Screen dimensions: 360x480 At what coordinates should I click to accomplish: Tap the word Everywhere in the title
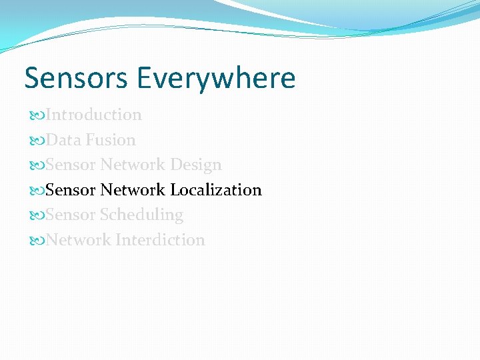tap(217, 78)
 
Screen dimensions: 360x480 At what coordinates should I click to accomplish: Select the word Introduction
tap(94, 115)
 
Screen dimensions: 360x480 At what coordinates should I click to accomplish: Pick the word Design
tap(196, 165)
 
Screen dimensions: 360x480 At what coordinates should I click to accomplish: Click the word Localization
tap(216, 190)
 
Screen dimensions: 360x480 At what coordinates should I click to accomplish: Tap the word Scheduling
tap(141, 215)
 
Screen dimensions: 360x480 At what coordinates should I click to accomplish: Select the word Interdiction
tap(160, 240)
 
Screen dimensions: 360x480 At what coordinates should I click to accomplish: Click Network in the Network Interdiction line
tap(79, 240)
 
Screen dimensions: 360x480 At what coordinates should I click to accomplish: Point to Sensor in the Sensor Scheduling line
tap(71, 215)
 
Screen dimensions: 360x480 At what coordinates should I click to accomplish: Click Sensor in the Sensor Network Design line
tap(71, 165)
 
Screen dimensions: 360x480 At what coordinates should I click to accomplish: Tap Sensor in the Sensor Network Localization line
tap(71, 190)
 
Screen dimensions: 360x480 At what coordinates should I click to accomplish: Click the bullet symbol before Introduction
tap(37, 115)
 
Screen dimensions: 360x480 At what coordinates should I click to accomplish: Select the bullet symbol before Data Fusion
tap(37, 141)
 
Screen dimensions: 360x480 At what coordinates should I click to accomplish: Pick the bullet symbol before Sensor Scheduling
tap(37, 215)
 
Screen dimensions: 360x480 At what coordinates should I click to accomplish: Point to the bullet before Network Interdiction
tap(37, 241)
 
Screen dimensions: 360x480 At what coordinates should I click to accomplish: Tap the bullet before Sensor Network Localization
tap(37, 191)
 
